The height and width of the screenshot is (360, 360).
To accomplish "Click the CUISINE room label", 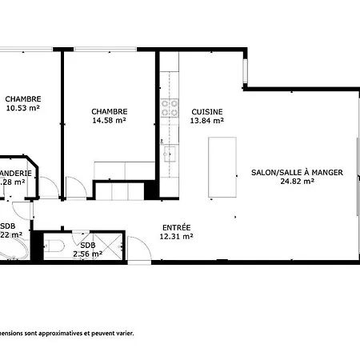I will pyautogui.click(x=207, y=112).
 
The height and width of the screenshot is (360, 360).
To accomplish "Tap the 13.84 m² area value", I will pyautogui.click(x=207, y=121).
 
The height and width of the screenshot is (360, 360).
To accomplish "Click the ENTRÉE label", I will pyautogui.click(x=176, y=227).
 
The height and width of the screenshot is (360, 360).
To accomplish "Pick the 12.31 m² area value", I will pyautogui.click(x=176, y=236).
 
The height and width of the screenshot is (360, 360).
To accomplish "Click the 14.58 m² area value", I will pyautogui.click(x=109, y=121).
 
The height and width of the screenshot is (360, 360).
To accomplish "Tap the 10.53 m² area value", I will pyautogui.click(x=23, y=108).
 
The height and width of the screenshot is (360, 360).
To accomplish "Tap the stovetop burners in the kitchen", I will pyautogui.click(x=169, y=106).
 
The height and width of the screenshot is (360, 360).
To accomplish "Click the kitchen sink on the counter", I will pyautogui.click(x=169, y=151).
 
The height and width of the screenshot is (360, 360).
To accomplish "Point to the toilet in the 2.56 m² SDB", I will pyautogui.click(x=54, y=246).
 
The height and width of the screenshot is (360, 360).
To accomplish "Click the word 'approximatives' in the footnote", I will pyautogui.click(x=59, y=332).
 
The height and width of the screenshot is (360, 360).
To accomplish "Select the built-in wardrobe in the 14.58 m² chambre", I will pyautogui.click(x=124, y=170).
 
